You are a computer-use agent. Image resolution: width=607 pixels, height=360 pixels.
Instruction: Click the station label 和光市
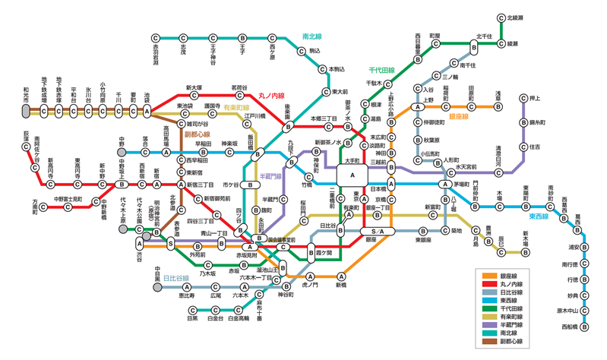pyautogui.click(x=26, y=90)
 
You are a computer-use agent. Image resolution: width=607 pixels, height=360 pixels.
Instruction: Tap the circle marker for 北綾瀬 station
pyautogui.click(x=501, y=17)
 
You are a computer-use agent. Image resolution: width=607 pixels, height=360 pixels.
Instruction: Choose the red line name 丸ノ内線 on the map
pyautogui.click(x=271, y=96)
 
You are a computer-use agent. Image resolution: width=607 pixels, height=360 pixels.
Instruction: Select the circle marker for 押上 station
pyautogui.click(x=523, y=99)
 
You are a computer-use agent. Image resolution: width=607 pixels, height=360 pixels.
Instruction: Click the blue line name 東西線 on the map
pyautogui.click(x=542, y=216)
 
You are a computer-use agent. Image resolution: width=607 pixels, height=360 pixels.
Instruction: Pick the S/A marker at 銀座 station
pyautogui.click(x=378, y=231)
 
